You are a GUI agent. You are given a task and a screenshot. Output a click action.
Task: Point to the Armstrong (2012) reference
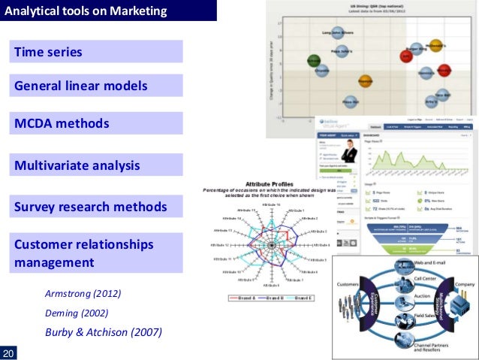[x=83, y=292]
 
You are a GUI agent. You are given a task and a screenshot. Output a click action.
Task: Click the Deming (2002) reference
[x=77, y=312]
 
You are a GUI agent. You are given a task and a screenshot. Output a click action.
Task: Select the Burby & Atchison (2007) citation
[x=104, y=331]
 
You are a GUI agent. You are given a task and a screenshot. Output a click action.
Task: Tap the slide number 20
[x=10, y=352]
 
